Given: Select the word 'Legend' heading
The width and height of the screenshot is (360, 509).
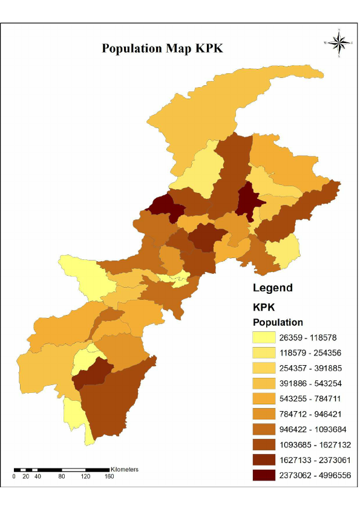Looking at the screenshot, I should [x=272, y=288].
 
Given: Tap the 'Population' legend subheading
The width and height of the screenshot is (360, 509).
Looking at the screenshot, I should [x=278, y=322].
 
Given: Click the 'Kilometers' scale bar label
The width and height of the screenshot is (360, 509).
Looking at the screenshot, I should [x=125, y=469].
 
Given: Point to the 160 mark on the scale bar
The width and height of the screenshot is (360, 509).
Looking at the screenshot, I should [x=109, y=476].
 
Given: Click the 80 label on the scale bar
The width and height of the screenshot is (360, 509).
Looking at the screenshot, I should [x=62, y=476].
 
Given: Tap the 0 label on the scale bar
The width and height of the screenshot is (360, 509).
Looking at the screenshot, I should [x=14, y=476].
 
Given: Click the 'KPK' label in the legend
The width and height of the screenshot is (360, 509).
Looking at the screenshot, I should [x=264, y=306].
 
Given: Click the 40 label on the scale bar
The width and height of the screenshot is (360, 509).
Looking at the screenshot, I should [x=38, y=476].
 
